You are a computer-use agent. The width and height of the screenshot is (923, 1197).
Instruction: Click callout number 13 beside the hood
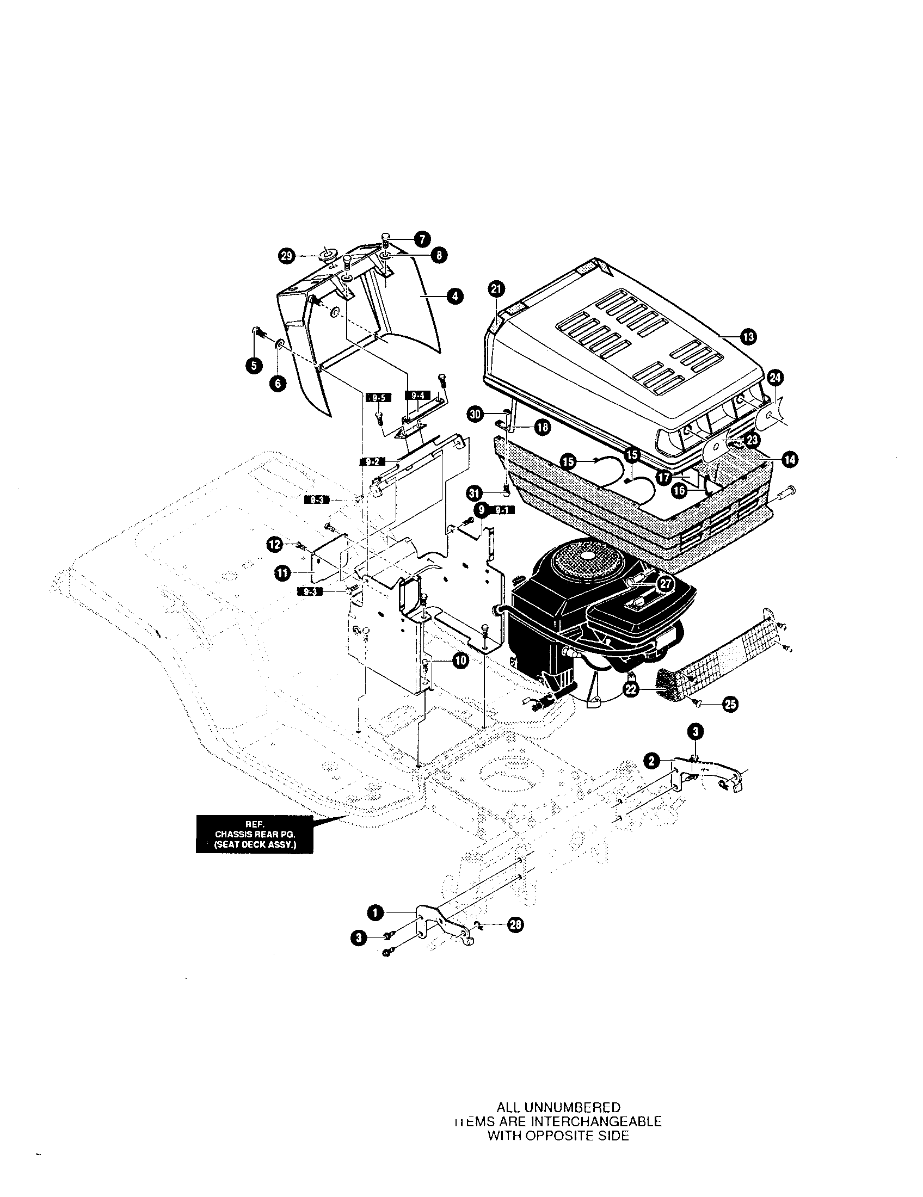749,336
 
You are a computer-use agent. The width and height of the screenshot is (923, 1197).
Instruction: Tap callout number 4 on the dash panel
454,297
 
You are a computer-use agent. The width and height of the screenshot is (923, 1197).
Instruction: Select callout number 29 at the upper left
287,256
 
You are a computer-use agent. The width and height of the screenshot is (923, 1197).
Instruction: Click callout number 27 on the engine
665,584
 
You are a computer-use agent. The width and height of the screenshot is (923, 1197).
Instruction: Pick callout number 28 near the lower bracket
516,925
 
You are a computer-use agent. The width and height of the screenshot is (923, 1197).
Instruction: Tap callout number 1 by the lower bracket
375,912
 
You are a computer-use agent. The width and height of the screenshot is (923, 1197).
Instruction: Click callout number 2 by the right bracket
651,761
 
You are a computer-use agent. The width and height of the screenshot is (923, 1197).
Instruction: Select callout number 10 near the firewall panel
460,661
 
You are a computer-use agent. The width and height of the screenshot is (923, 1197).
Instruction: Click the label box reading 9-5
378,398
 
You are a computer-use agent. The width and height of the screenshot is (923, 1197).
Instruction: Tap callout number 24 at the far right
776,378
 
